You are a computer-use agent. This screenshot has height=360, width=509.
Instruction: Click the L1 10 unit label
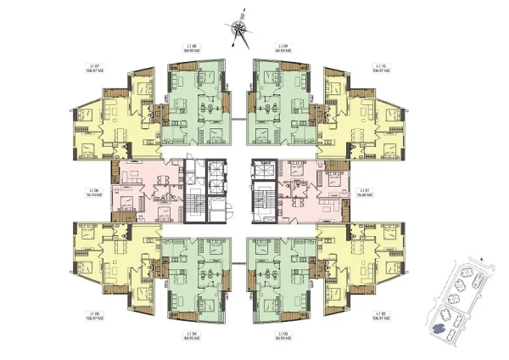(x=381, y=68)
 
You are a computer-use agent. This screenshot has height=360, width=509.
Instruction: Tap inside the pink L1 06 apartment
(x=144, y=191)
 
